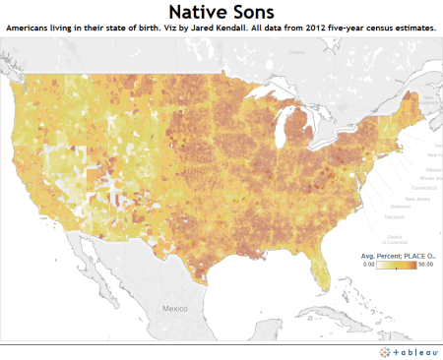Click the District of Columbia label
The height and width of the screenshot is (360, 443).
pyautogui.click(x=396, y=240)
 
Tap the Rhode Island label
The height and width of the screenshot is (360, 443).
pyautogui.click(x=412, y=175)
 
